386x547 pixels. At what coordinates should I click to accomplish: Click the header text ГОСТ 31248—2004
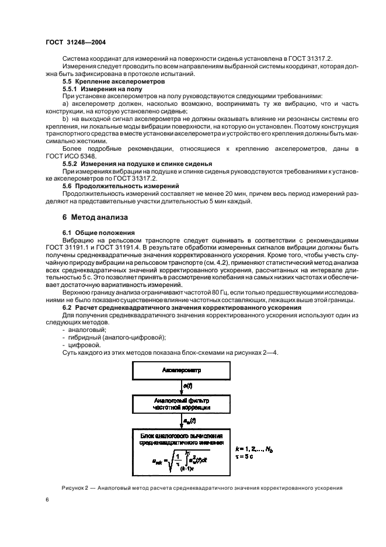coord(75,43)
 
